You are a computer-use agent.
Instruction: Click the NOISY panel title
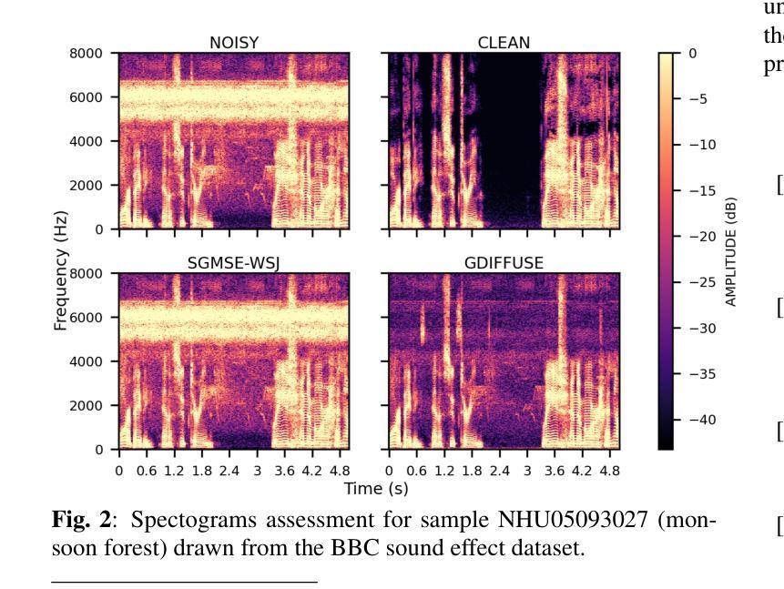coord(233,42)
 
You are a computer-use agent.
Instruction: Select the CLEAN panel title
coord(504,42)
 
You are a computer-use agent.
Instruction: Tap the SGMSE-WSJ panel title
coord(233,263)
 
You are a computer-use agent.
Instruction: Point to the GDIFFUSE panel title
coord(504,263)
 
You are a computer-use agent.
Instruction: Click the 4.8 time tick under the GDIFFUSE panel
coord(610,471)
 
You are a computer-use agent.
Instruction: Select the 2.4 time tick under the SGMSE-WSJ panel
coord(229,471)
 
